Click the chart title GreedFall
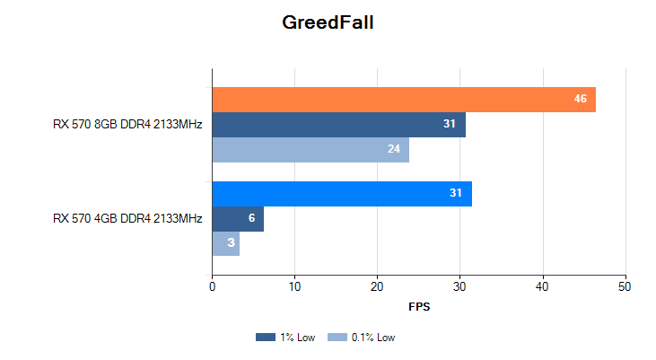(328, 22)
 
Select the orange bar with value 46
(404, 99)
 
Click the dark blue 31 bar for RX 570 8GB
(338, 124)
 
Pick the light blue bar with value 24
(311, 149)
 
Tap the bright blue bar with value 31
(341, 193)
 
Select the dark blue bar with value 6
(237, 218)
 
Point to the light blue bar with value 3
(225, 243)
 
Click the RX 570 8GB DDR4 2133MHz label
(127, 124)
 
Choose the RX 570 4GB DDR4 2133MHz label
(127, 218)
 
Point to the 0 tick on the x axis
(212, 286)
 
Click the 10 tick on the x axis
(294, 286)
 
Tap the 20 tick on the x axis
(377, 286)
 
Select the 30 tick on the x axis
(460, 286)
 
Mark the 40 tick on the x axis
(543, 286)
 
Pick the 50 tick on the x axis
(625, 286)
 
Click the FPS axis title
(419, 307)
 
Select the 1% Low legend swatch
(265, 338)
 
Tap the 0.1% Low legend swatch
(337, 338)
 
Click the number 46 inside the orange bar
(580, 99)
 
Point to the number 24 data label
(393, 149)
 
